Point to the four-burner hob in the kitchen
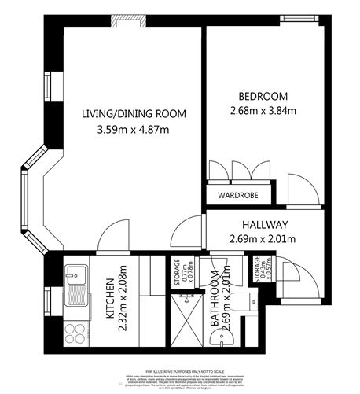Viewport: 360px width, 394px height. point(78,332)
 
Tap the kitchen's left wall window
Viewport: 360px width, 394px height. point(48,299)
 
